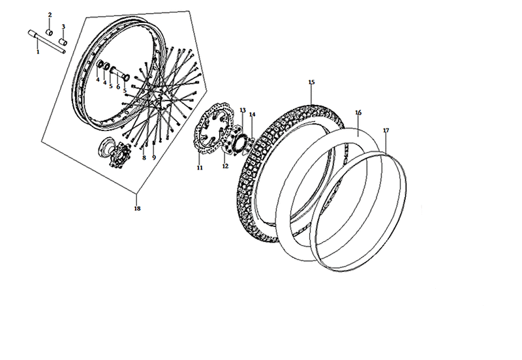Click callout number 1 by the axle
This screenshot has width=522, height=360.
38,52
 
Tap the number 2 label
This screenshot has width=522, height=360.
50,15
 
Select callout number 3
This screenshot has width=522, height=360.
63,27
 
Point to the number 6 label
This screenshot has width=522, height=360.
118,87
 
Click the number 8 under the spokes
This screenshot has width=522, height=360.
144,158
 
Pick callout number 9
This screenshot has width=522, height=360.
154,158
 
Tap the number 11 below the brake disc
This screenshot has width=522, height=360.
200,168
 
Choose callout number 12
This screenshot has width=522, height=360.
225,166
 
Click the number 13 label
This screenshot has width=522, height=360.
243,110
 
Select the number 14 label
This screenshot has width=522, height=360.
253,114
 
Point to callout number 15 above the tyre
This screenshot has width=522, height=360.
312,82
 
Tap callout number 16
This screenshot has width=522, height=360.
358,113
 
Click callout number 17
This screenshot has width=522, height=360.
386,130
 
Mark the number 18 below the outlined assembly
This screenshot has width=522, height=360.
137,209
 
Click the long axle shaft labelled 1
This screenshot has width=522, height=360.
46,42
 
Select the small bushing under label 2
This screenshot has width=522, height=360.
50,33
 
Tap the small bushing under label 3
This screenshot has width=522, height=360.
63,42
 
